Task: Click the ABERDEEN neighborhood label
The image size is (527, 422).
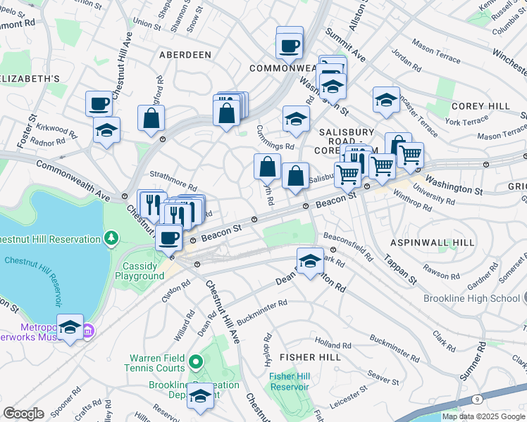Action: [185, 54]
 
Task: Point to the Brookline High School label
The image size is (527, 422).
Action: [471, 298]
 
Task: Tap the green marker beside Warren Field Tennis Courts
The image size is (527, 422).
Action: [195, 362]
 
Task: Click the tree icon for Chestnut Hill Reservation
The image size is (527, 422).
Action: [111, 239]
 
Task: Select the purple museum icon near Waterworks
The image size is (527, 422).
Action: [88, 330]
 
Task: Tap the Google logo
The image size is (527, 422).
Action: [23, 414]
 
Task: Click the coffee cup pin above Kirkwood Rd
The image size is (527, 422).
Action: [99, 103]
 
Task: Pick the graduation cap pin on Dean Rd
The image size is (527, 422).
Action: [310, 261]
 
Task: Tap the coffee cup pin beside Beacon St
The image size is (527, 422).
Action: [168, 237]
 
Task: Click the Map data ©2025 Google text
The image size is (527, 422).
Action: [483, 416]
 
